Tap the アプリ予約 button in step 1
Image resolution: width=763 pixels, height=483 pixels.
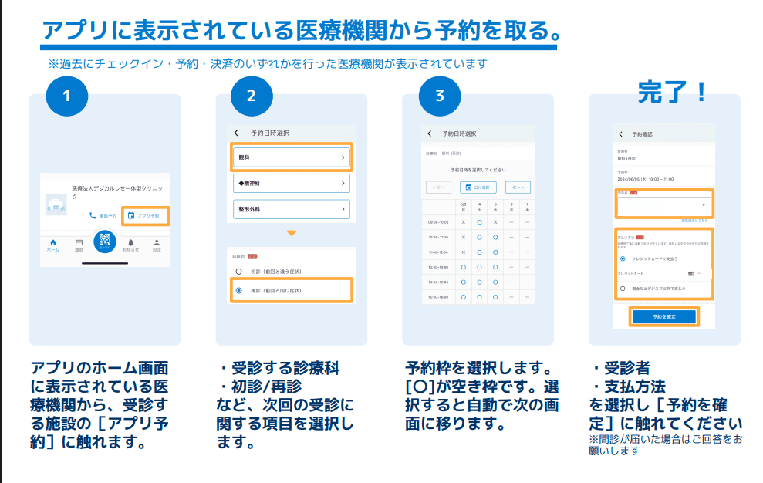pyautogui.click(x=145, y=215)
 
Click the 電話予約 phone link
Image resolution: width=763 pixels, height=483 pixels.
pyautogui.click(x=103, y=215)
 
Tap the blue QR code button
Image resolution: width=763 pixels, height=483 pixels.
pyautogui.click(x=105, y=241)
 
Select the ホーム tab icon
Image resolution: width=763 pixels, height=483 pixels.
pyautogui.click(x=52, y=243)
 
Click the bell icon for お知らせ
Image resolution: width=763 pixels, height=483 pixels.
pyautogui.click(x=131, y=243)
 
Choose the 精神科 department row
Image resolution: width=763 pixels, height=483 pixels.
pyautogui.click(x=292, y=183)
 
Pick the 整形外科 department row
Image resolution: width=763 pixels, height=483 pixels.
pyautogui.click(x=292, y=209)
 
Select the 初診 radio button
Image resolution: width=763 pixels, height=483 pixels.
pyautogui.click(x=239, y=272)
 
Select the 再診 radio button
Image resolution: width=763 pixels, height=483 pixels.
pyautogui.click(x=239, y=290)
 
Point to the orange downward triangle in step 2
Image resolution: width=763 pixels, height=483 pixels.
pyautogui.click(x=291, y=233)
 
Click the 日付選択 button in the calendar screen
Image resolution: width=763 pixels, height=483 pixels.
pyautogui.click(x=478, y=187)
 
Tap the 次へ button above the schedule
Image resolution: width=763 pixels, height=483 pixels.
pyautogui.click(x=518, y=187)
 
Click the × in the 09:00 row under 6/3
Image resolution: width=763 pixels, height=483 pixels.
pyautogui.click(x=464, y=222)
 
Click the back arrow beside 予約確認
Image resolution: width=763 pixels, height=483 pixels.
pyautogui.click(x=620, y=134)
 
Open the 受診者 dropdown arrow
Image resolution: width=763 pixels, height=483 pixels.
pyautogui.click(x=704, y=206)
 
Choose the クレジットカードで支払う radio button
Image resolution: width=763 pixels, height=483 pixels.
pyautogui.click(x=623, y=258)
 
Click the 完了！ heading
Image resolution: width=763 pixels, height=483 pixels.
pyautogui.click(x=672, y=93)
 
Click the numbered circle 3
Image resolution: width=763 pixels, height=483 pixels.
pyautogui.click(x=440, y=96)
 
